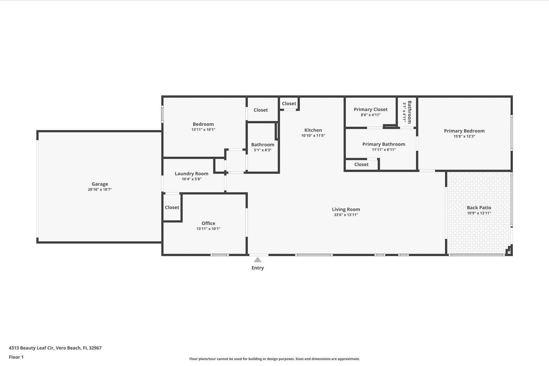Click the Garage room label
coord(100,184)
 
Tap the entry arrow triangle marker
coord(258,260)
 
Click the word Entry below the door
coord(257,268)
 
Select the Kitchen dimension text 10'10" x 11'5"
coord(313,136)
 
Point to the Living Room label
coord(346,209)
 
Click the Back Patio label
coord(479,208)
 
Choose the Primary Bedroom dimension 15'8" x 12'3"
coord(464,136)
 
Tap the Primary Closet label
coord(370,109)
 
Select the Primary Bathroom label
coord(384,144)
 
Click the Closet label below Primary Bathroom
coord(361,164)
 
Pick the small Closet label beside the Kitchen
coord(289,103)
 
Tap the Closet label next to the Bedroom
coord(260,110)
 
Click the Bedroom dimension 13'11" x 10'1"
coord(203,130)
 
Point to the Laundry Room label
coord(191,174)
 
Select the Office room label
coord(208,223)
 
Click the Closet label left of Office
coord(172,207)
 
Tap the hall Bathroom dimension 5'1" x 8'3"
coord(262,150)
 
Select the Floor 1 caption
coord(16,357)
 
